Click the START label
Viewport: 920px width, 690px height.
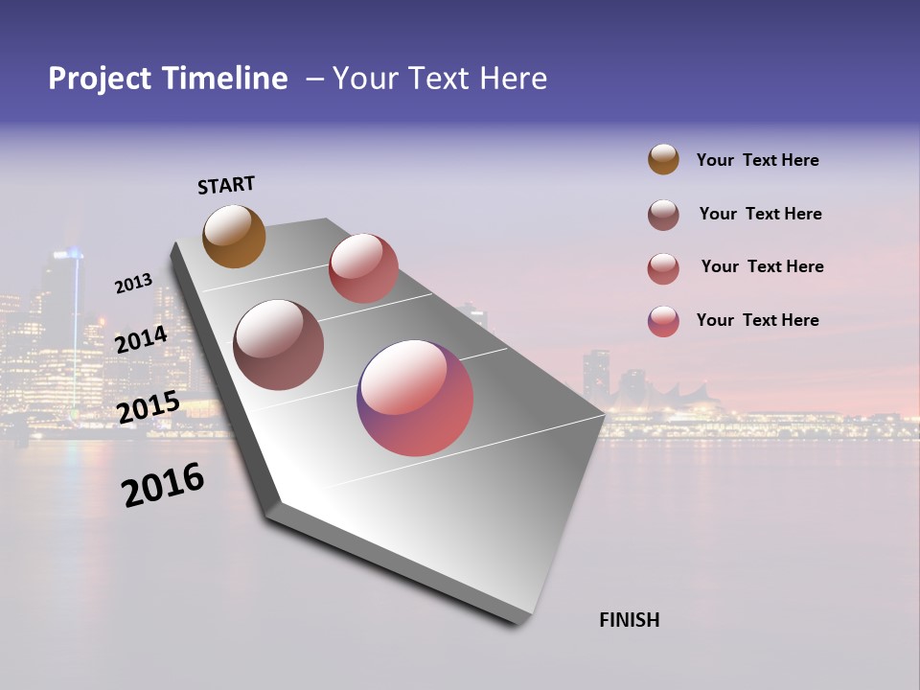click(226, 185)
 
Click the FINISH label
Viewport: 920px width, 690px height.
click(629, 620)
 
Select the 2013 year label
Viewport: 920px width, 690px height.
click(133, 284)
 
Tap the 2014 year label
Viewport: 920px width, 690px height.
click(141, 339)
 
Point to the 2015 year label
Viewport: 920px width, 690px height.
click(148, 407)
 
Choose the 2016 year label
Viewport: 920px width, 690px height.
click(163, 485)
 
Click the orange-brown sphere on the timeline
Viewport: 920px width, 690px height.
click(234, 236)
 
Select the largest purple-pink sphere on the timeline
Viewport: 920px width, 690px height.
click(415, 398)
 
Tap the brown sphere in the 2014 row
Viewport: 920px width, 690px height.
click(278, 345)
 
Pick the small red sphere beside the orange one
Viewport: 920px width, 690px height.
click(363, 268)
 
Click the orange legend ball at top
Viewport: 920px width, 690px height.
click(663, 159)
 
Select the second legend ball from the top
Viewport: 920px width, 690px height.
click(663, 215)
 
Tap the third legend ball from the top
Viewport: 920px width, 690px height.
click(663, 268)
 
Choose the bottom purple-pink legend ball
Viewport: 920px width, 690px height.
click(663, 321)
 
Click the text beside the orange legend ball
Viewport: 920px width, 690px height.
click(757, 160)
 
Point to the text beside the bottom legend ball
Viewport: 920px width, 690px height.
click(757, 320)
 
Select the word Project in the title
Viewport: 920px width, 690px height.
click(101, 79)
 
